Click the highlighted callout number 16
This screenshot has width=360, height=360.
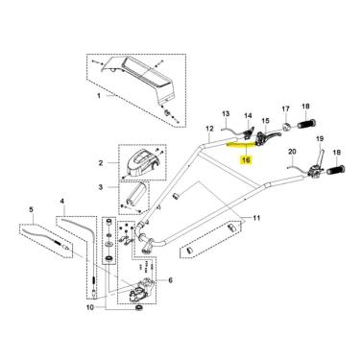[246, 159]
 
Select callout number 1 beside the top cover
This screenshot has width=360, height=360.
[99, 96]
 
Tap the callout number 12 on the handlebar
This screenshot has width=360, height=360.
[209, 129]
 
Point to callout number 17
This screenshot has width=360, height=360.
[285, 108]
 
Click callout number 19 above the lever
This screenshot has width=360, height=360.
[320, 139]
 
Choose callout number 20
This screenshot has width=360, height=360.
[292, 152]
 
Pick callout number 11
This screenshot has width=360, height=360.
[256, 218]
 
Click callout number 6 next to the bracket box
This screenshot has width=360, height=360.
[170, 280]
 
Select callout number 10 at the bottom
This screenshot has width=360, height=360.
[90, 308]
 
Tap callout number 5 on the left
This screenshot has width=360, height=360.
[31, 209]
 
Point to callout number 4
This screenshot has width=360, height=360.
[62, 202]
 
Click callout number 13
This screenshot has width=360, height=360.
[226, 113]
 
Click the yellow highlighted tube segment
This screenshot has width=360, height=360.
[241, 144]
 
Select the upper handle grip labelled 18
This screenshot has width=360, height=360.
[306, 124]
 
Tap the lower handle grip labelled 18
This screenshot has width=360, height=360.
[335, 169]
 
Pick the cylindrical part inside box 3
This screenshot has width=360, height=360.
[137, 194]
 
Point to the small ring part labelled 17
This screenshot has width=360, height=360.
[286, 127]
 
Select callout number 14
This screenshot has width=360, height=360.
[249, 115]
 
